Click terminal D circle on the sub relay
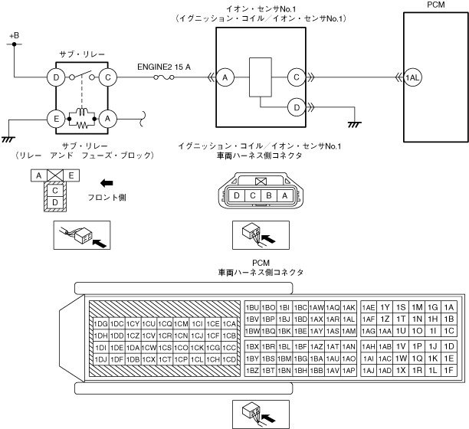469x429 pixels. pos(56,77)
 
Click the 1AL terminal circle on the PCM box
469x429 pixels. pos(413,77)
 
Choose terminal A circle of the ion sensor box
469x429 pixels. pos(225,77)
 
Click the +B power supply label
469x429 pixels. pos(15,36)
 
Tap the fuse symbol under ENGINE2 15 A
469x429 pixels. pos(162,77)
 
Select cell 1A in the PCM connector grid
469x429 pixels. pos(449,307)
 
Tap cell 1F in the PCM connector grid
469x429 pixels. pos(449,371)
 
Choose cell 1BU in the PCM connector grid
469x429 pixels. pos(253,307)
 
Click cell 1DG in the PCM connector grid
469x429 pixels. pos(100,323)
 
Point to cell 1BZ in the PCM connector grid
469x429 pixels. pos(253,371)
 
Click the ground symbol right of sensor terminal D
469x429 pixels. pos(353,123)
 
